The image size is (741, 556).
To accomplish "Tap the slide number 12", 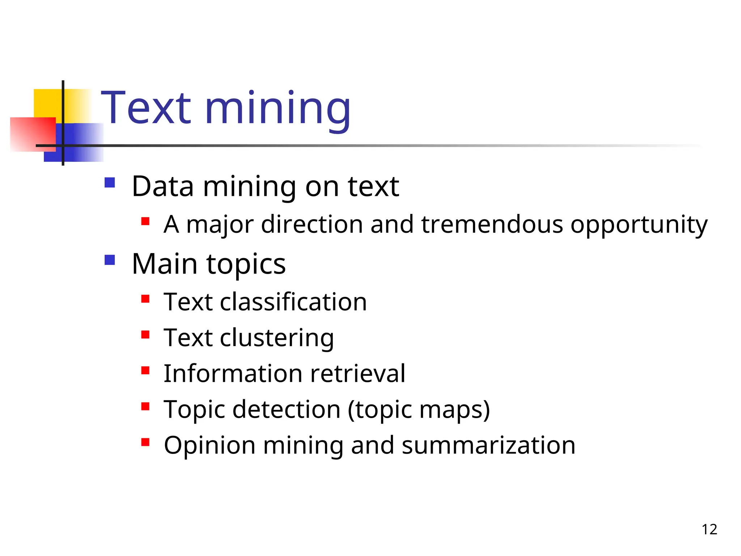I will [709, 530].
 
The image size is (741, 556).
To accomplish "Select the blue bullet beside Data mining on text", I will [110, 182].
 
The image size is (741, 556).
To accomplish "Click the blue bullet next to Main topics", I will [110, 260].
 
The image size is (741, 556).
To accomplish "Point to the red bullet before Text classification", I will [145, 299].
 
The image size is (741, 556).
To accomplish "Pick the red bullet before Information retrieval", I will [145, 370].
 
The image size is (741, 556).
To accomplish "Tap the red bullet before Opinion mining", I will [145, 442].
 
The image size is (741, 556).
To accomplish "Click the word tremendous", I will [492, 224].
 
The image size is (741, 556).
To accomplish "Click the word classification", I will [293, 302].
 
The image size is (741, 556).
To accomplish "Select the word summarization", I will [488, 445].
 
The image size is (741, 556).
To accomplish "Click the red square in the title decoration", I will [33, 134].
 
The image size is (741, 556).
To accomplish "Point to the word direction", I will [312, 224].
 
